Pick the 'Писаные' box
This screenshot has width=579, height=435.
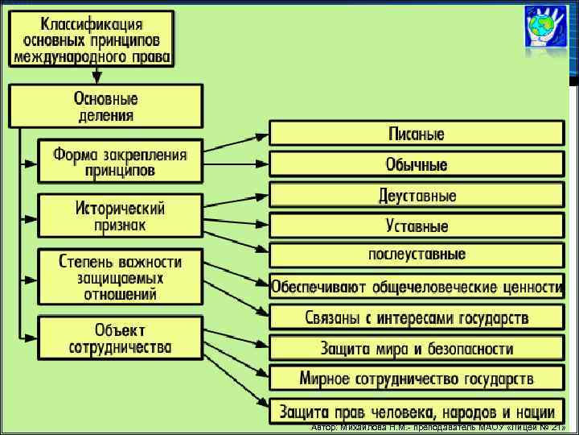pos(417,133)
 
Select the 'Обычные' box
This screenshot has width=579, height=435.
pos(417,164)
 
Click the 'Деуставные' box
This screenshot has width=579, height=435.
pos(417,196)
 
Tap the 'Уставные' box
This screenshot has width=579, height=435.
pos(417,226)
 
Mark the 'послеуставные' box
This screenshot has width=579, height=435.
pos(417,255)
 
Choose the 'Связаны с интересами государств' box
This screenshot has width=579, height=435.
pos(417,317)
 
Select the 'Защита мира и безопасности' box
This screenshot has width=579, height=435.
pos(417,348)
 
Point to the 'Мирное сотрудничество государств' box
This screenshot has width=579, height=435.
pos(417,379)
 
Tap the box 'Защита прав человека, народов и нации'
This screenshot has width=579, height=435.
pos(417,410)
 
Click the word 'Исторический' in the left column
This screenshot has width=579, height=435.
pos(120,208)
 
